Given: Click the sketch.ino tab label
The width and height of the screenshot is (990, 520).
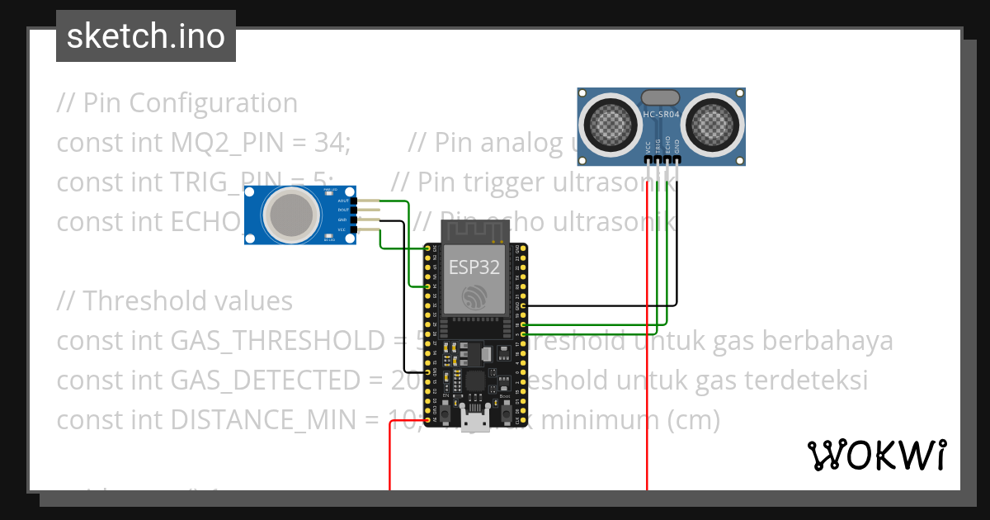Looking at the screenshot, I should pyautogui.click(x=145, y=36).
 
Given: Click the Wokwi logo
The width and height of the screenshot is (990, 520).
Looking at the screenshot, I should pyautogui.click(x=875, y=456).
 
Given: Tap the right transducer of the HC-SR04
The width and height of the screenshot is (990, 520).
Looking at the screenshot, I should pyautogui.click(x=714, y=124).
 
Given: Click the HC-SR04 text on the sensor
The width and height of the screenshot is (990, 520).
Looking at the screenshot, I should pyautogui.click(x=662, y=115).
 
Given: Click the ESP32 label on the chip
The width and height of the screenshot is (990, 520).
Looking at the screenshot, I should pyautogui.click(x=474, y=266).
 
